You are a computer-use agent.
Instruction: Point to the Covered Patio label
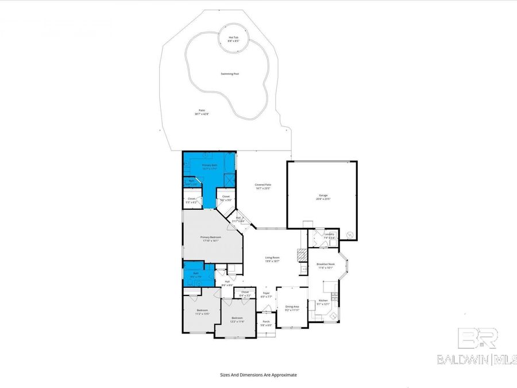(x=263, y=185)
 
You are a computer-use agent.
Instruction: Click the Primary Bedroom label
(x=211, y=237)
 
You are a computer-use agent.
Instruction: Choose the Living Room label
(x=272, y=257)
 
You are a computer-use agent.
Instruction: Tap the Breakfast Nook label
(x=326, y=264)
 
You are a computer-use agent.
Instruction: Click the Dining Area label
(x=292, y=306)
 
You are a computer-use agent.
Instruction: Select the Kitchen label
(x=323, y=301)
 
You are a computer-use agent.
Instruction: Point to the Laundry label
(x=329, y=234)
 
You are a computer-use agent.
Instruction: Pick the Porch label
(x=266, y=321)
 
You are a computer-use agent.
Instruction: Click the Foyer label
(x=266, y=293)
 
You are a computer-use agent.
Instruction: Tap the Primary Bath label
(x=209, y=165)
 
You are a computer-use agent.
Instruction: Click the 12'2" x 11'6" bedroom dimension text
(x=237, y=321)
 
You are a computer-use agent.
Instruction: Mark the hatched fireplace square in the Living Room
(x=300, y=253)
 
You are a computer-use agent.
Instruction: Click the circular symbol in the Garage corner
(x=349, y=234)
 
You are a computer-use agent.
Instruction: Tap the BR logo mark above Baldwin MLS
(x=477, y=339)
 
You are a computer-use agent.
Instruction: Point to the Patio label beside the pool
(x=202, y=110)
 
